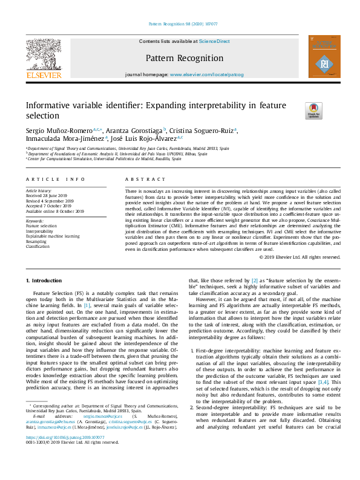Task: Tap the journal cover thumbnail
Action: [324, 56]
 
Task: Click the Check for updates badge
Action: [314, 109]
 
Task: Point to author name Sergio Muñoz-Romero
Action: [59, 131]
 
